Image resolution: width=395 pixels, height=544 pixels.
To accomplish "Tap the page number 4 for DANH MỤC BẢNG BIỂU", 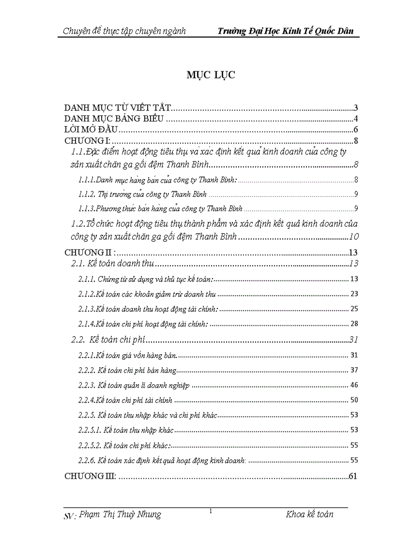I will [x=355, y=119].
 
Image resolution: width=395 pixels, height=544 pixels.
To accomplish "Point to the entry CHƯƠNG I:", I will [x=88, y=141].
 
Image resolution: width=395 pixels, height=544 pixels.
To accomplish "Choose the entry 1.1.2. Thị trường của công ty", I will [x=142, y=194].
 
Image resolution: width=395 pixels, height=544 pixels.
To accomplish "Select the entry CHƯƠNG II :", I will [x=89, y=253].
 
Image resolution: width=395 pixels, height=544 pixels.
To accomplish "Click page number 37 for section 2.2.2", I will [x=353, y=371].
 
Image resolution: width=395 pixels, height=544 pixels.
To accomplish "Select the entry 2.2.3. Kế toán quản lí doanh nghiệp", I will [x=134, y=386].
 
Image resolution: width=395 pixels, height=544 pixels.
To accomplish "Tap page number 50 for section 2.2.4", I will [x=353, y=401].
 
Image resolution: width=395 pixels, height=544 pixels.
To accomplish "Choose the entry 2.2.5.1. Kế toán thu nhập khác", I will [x=126, y=430].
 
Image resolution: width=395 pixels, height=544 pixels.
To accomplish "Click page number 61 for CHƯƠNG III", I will [x=353, y=476].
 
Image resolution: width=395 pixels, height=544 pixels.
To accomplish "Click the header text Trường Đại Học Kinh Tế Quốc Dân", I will [x=286, y=31].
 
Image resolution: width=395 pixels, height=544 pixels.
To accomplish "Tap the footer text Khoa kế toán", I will [x=309, y=514].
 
